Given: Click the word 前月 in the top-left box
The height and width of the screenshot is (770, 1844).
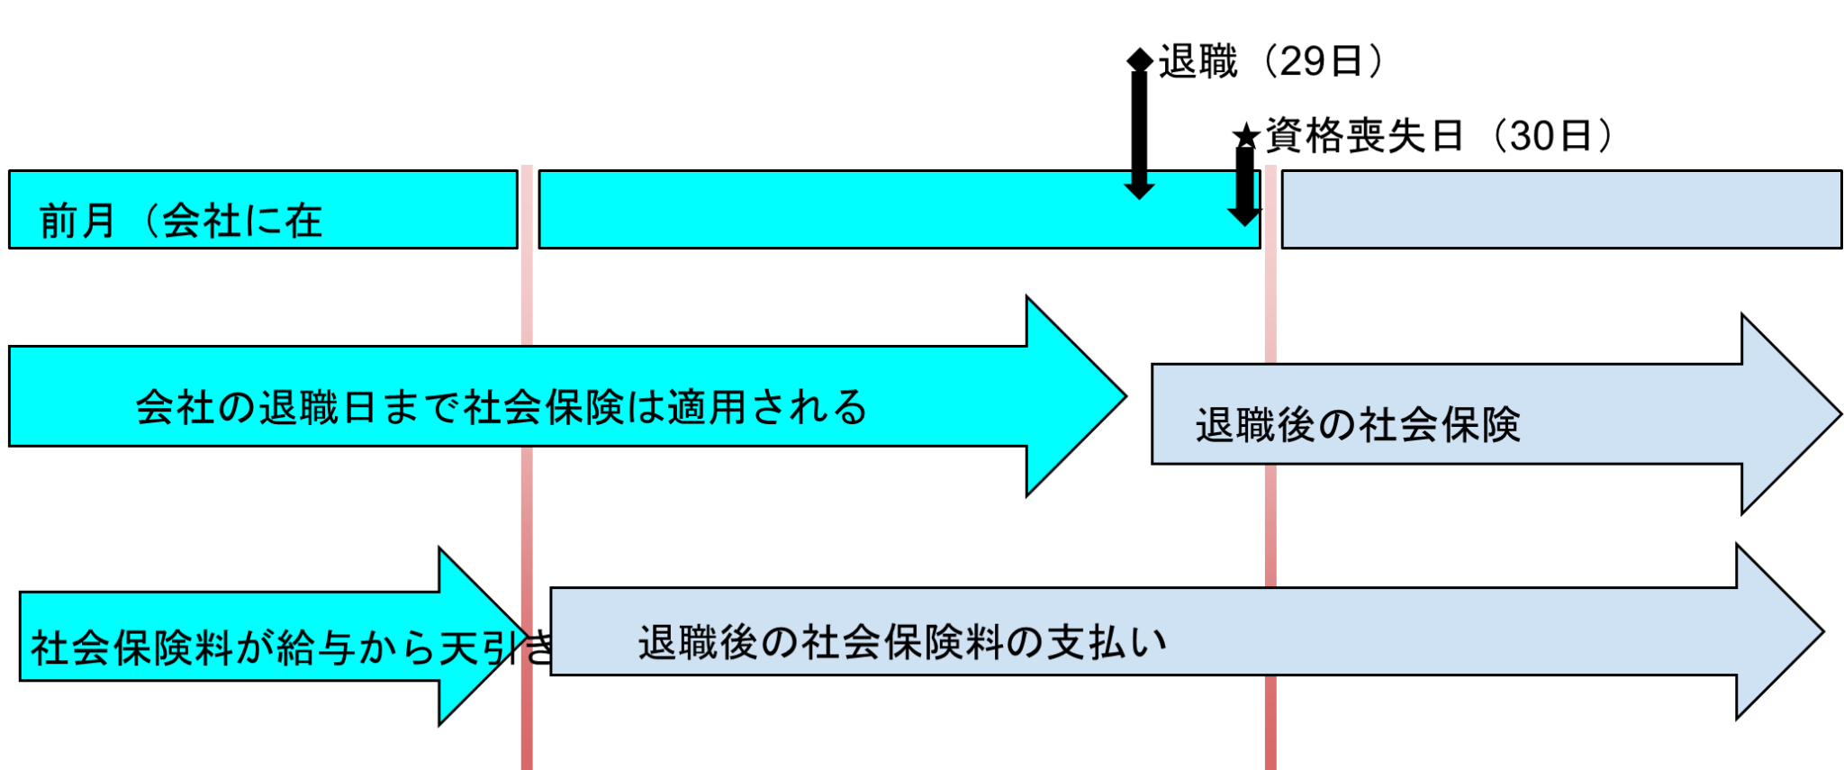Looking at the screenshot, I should [x=77, y=221].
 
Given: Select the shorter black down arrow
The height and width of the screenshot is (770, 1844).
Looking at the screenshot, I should [x=1139, y=186].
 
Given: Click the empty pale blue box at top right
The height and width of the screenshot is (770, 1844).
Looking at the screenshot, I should [x=1560, y=209].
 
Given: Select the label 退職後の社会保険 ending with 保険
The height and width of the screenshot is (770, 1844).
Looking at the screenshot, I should [x=1358, y=425].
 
